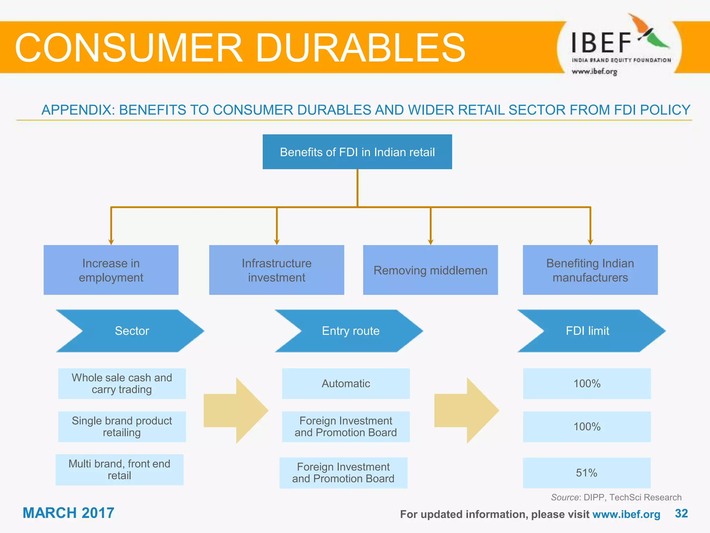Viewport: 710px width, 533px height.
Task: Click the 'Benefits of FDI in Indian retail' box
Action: [357, 152]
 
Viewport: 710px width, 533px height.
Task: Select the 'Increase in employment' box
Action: [111, 270]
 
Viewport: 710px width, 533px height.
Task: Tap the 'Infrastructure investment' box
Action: [276, 270]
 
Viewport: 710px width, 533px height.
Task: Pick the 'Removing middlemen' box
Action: [430, 270]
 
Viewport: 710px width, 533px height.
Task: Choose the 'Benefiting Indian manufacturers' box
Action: [590, 270]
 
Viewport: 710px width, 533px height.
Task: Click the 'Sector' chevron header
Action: [132, 331]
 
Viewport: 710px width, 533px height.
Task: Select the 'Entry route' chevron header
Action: [350, 331]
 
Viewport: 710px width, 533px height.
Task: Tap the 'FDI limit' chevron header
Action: [588, 331]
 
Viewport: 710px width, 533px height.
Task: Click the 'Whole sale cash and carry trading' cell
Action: [122, 383]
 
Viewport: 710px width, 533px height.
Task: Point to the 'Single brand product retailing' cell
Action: [122, 426]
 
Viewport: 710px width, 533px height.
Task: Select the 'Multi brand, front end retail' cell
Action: [119, 469]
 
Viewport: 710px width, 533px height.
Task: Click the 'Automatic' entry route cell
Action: [346, 383]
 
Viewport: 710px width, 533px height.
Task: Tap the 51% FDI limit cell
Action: [587, 473]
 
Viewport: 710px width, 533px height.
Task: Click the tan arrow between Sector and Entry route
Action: [236, 411]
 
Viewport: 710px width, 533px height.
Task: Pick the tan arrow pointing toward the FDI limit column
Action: [466, 411]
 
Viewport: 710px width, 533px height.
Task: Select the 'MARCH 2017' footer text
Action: [68, 513]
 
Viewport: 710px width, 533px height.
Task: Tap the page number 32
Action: [681, 513]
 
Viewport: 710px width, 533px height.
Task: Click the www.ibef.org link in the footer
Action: [626, 514]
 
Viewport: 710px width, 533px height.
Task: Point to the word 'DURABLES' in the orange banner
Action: [361, 48]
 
